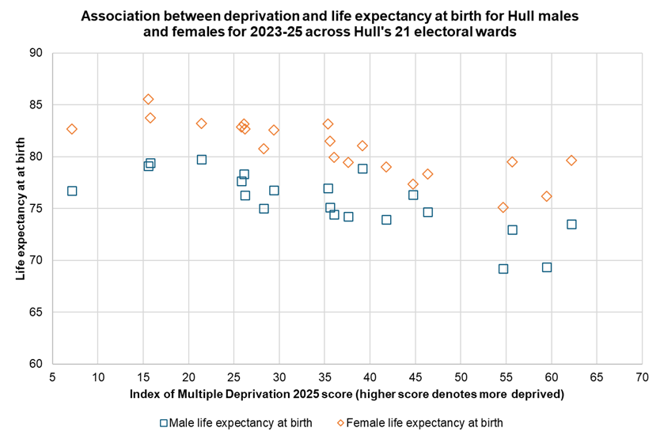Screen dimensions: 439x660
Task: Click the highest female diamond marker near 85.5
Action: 148,99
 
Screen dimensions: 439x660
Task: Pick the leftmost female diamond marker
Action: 72,129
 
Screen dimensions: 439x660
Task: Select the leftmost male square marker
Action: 72,191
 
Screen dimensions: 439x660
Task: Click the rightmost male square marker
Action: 571,224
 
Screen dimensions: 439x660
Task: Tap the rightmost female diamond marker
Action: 571,160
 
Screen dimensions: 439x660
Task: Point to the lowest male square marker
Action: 503,268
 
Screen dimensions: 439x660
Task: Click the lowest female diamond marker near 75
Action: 503,207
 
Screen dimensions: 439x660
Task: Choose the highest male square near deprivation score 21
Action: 202,159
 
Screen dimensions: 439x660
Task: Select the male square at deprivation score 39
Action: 362,168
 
